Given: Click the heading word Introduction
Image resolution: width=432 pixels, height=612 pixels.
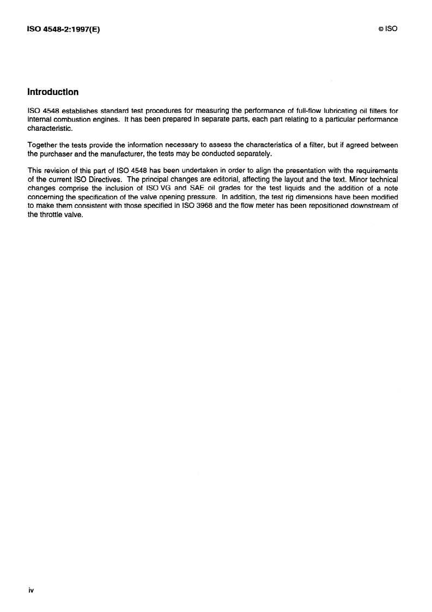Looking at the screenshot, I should [x=53, y=92].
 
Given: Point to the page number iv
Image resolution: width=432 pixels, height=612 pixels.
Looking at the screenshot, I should [x=31, y=590].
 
